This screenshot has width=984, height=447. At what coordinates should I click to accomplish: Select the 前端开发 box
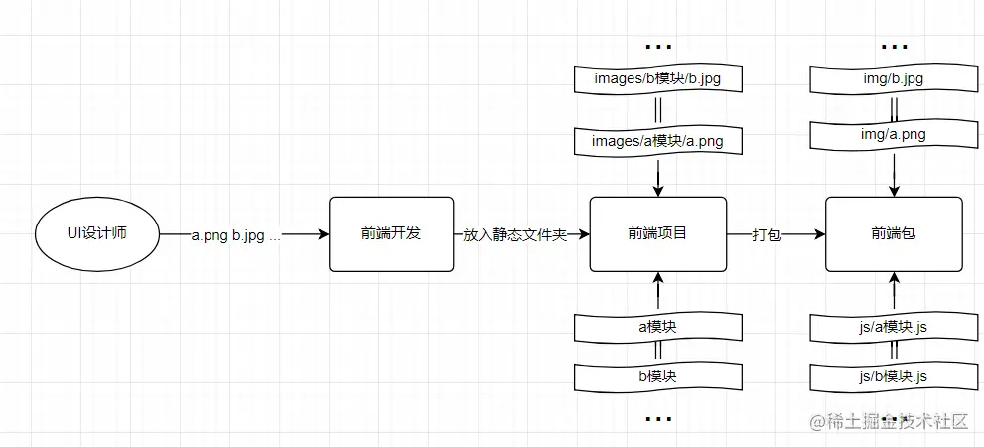[391, 234]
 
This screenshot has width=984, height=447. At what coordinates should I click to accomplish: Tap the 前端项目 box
[657, 234]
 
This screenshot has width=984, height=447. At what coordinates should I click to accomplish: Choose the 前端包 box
[894, 234]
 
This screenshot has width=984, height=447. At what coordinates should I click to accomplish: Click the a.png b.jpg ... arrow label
[235, 235]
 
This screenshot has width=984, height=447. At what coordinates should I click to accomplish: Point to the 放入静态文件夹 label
[514, 235]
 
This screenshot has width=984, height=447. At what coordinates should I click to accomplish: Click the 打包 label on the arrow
[767, 235]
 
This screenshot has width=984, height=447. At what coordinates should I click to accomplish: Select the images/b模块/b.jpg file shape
[657, 77]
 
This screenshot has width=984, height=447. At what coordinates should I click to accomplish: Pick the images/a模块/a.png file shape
[657, 140]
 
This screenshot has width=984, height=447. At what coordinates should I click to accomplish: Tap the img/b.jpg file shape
[894, 77]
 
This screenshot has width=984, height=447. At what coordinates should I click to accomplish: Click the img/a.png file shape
[894, 133]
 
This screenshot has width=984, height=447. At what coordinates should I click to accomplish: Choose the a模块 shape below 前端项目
[657, 325]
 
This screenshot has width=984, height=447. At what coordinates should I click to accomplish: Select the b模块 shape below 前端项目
[657, 375]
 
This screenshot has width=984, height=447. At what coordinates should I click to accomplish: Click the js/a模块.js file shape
[894, 325]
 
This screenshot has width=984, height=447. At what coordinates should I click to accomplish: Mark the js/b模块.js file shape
[894, 375]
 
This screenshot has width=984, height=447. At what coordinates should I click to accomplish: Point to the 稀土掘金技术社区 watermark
[889, 421]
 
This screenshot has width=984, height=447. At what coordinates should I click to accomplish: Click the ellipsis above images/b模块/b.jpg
[658, 46]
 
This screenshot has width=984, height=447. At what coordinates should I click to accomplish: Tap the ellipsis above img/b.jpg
[894, 46]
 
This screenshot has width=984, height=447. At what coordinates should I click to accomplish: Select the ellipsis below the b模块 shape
[658, 419]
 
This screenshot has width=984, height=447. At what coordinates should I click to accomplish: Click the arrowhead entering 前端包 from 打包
[819, 235]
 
